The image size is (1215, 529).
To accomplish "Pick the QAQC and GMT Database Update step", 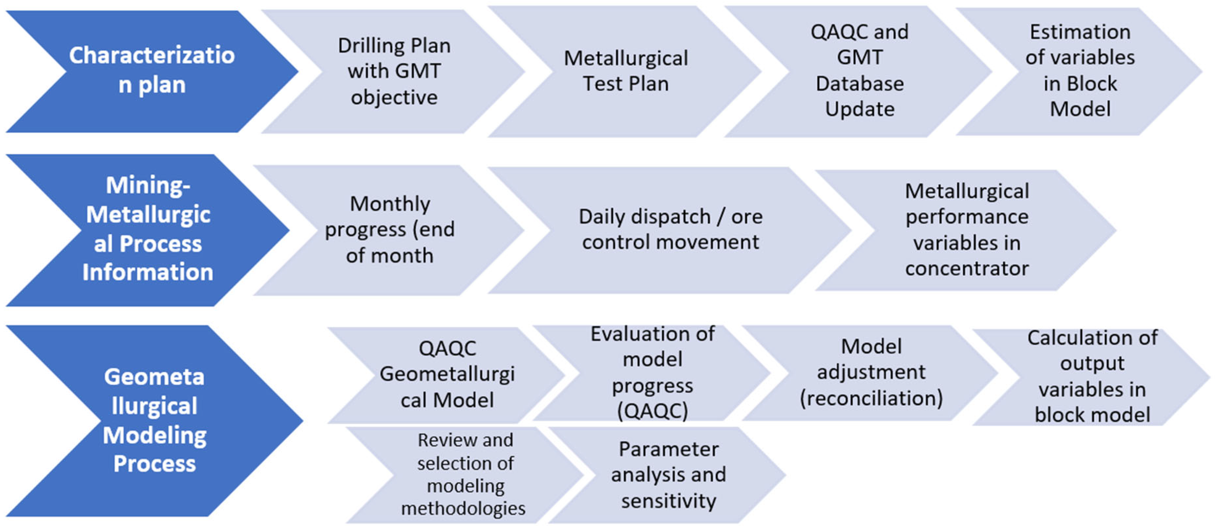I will click(859, 71).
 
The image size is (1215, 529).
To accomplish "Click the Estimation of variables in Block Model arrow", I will click(1080, 71).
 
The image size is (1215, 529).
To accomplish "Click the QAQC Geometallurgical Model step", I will click(447, 375).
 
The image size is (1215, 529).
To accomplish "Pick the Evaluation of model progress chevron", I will click(652, 373).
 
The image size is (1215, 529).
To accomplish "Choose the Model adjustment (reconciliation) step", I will click(871, 373).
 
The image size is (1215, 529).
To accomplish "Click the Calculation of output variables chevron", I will click(1092, 376).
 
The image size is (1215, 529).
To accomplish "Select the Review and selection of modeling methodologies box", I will click(465, 474).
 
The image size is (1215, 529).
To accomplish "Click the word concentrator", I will click(967, 269).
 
